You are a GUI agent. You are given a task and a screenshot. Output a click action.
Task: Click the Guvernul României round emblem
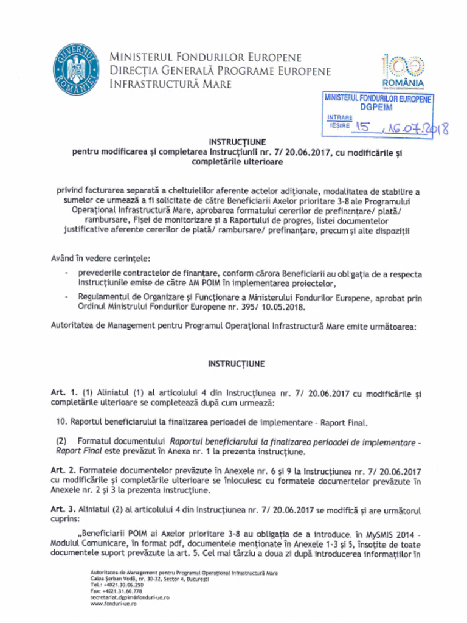pyautogui.click(x=76, y=70)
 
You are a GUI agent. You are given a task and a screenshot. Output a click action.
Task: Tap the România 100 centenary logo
pyautogui.click(x=403, y=71)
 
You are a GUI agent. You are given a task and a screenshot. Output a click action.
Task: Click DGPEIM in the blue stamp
pyautogui.click(x=376, y=106)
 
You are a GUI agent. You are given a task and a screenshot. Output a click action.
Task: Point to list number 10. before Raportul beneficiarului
pyautogui.click(x=61, y=422)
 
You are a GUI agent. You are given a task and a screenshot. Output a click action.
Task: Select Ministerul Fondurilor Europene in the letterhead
pyautogui.click(x=206, y=57)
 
